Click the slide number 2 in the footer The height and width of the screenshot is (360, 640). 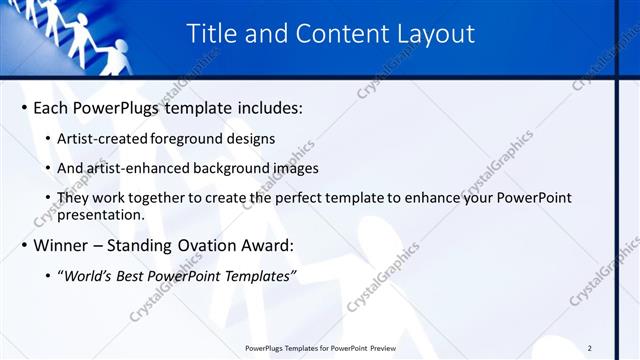(590, 348)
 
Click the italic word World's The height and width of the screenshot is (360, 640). (90, 276)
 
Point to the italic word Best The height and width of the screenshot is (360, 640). (138, 276)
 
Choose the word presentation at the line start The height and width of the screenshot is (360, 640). (101, 214)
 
